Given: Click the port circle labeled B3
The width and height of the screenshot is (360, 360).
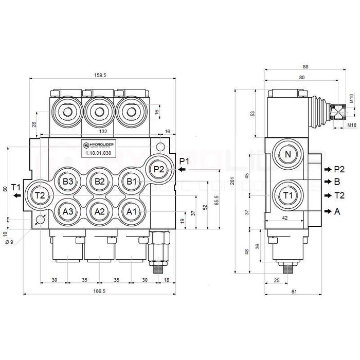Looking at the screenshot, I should pyautogui.click(x=69, y=181).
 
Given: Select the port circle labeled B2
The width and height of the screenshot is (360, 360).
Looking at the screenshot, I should pyautogui.click(x=100, y=181).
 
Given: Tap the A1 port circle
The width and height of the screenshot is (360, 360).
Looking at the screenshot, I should pyautogui.click(x=131, y=211).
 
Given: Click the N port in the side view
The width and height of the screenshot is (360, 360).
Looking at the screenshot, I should pyautogui.click(x=288, y=155).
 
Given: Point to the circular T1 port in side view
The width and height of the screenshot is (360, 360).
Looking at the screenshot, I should pyautogui.click(x=288, y=195).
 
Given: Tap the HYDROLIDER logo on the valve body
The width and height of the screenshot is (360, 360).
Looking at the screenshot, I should pyautogui.click(x=100, y=145).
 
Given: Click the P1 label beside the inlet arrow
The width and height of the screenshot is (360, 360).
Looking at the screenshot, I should pyautogui.click(x=185, y=161).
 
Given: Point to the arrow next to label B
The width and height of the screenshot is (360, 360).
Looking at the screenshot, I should pyautogui.click(x=327, y=182).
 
